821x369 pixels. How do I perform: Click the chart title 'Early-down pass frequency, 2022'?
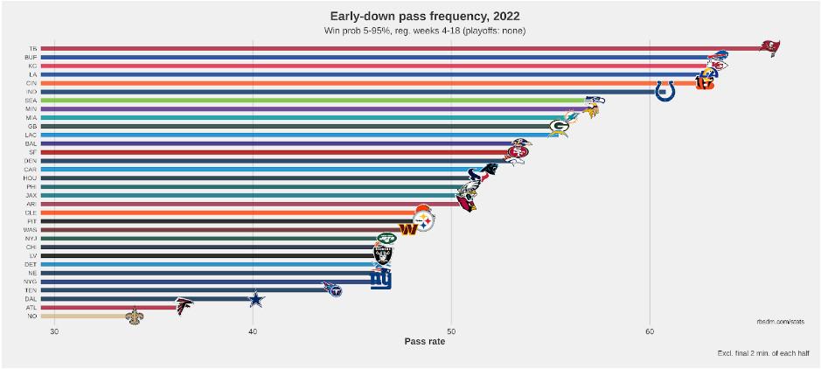pos(424,16)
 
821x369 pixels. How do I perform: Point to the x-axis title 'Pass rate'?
pos(424,341)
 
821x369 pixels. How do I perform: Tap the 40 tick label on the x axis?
pos(253,331)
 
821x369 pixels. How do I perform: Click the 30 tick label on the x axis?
pos(54,331)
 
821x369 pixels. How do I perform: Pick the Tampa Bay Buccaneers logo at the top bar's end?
pos(769,47)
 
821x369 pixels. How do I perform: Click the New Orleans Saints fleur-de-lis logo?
pos(133,316)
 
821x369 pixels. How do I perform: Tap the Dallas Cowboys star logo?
pos(254,299)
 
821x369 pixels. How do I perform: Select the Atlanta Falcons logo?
pos(184,307)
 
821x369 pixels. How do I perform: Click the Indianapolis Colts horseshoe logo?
pos(664,91)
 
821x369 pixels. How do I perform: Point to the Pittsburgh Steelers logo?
pos(423,222)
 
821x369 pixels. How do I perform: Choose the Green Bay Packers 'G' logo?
pos(560,126)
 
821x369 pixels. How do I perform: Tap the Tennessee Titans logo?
pos(332,289)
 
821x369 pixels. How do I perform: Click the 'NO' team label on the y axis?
pos(32,316)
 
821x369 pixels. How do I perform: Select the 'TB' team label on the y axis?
pos(32,48)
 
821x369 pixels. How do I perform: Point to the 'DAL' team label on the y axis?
pos(31,299)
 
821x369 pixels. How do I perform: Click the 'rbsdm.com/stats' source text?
pos(780,321)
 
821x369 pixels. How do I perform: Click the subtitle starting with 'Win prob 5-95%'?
pos(424,31)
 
